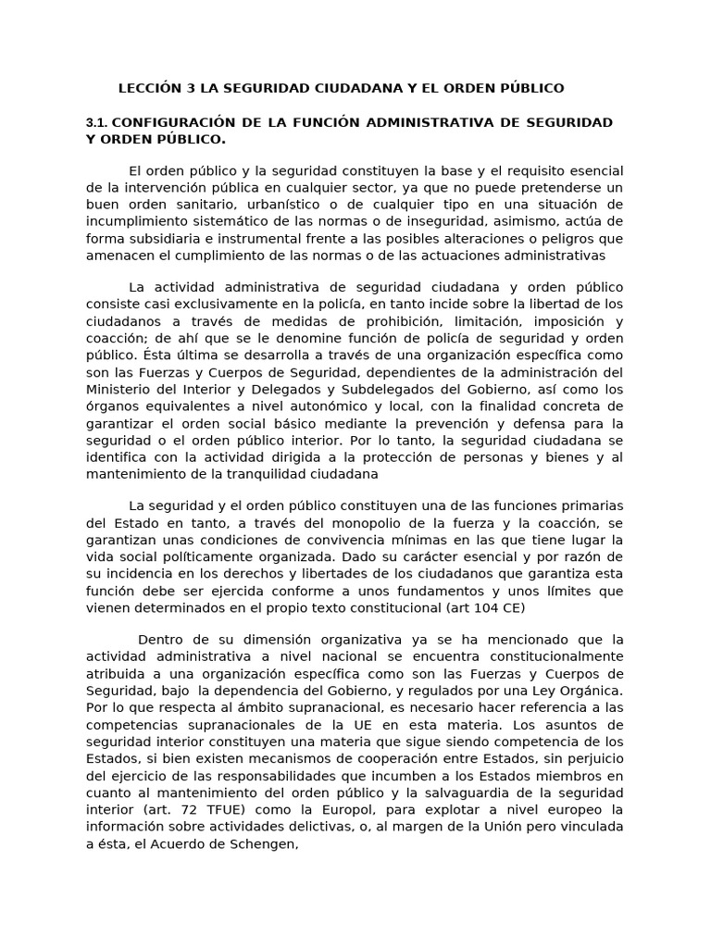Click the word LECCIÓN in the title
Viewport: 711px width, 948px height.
pos(149,88)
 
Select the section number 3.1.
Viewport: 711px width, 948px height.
pos(97,122)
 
